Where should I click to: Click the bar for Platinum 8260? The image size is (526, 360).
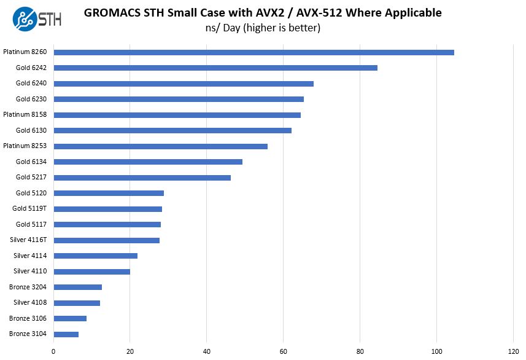pos(253,52)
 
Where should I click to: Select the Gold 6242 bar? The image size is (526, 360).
pos(215,68)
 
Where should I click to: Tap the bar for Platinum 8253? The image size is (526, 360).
pos(160,146)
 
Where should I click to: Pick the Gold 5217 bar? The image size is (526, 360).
pos(142,178)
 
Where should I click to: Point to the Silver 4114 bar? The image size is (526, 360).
pos(95,256)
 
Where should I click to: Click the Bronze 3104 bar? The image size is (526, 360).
pos(66,334)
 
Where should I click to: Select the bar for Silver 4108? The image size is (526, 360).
pos(76,303)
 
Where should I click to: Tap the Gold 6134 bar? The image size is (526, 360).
pos(147,162)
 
